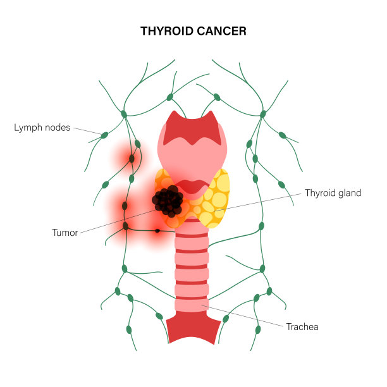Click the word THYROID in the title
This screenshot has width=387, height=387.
pyautogui.click(x=167, y=31)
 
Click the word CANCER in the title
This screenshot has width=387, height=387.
pyautogui.click(x=221, y=31)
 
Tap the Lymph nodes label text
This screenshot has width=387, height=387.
pyautogui.click(x=42, y=128)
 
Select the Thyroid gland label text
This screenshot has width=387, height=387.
pyautogui.click(x=333, y=193)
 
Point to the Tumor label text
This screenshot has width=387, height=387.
pyautogui.click(x=65, y=233)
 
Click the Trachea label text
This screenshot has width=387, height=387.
pyautogui.click(x=302, y=327)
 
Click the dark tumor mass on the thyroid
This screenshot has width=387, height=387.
pyautogui.click(x=168, y=201)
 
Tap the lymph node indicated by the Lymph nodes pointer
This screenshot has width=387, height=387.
pyautogui.click(x=104, y=135)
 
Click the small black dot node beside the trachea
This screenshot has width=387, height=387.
pyautogui.click(x=157, y=231)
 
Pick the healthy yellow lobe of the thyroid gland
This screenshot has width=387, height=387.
pyautogui.click(x=214, y=199)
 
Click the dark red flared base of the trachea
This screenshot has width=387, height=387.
pyautogui.click(x=193, y=328)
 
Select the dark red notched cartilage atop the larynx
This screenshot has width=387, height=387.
pyautogui.click(x=192, y=128)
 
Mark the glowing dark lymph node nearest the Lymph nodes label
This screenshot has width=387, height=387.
pyautogui.click(x=132, y=159)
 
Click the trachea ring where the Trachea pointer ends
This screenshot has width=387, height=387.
pyautogui.click(x=192, y=305)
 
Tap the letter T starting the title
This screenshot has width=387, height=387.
pyautogui.click(x=144, y=31)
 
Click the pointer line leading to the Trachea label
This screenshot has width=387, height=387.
pyautogui.click(x=242, y=316)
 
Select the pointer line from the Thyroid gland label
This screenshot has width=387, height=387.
pyautogui.click(x=257, y=202)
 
